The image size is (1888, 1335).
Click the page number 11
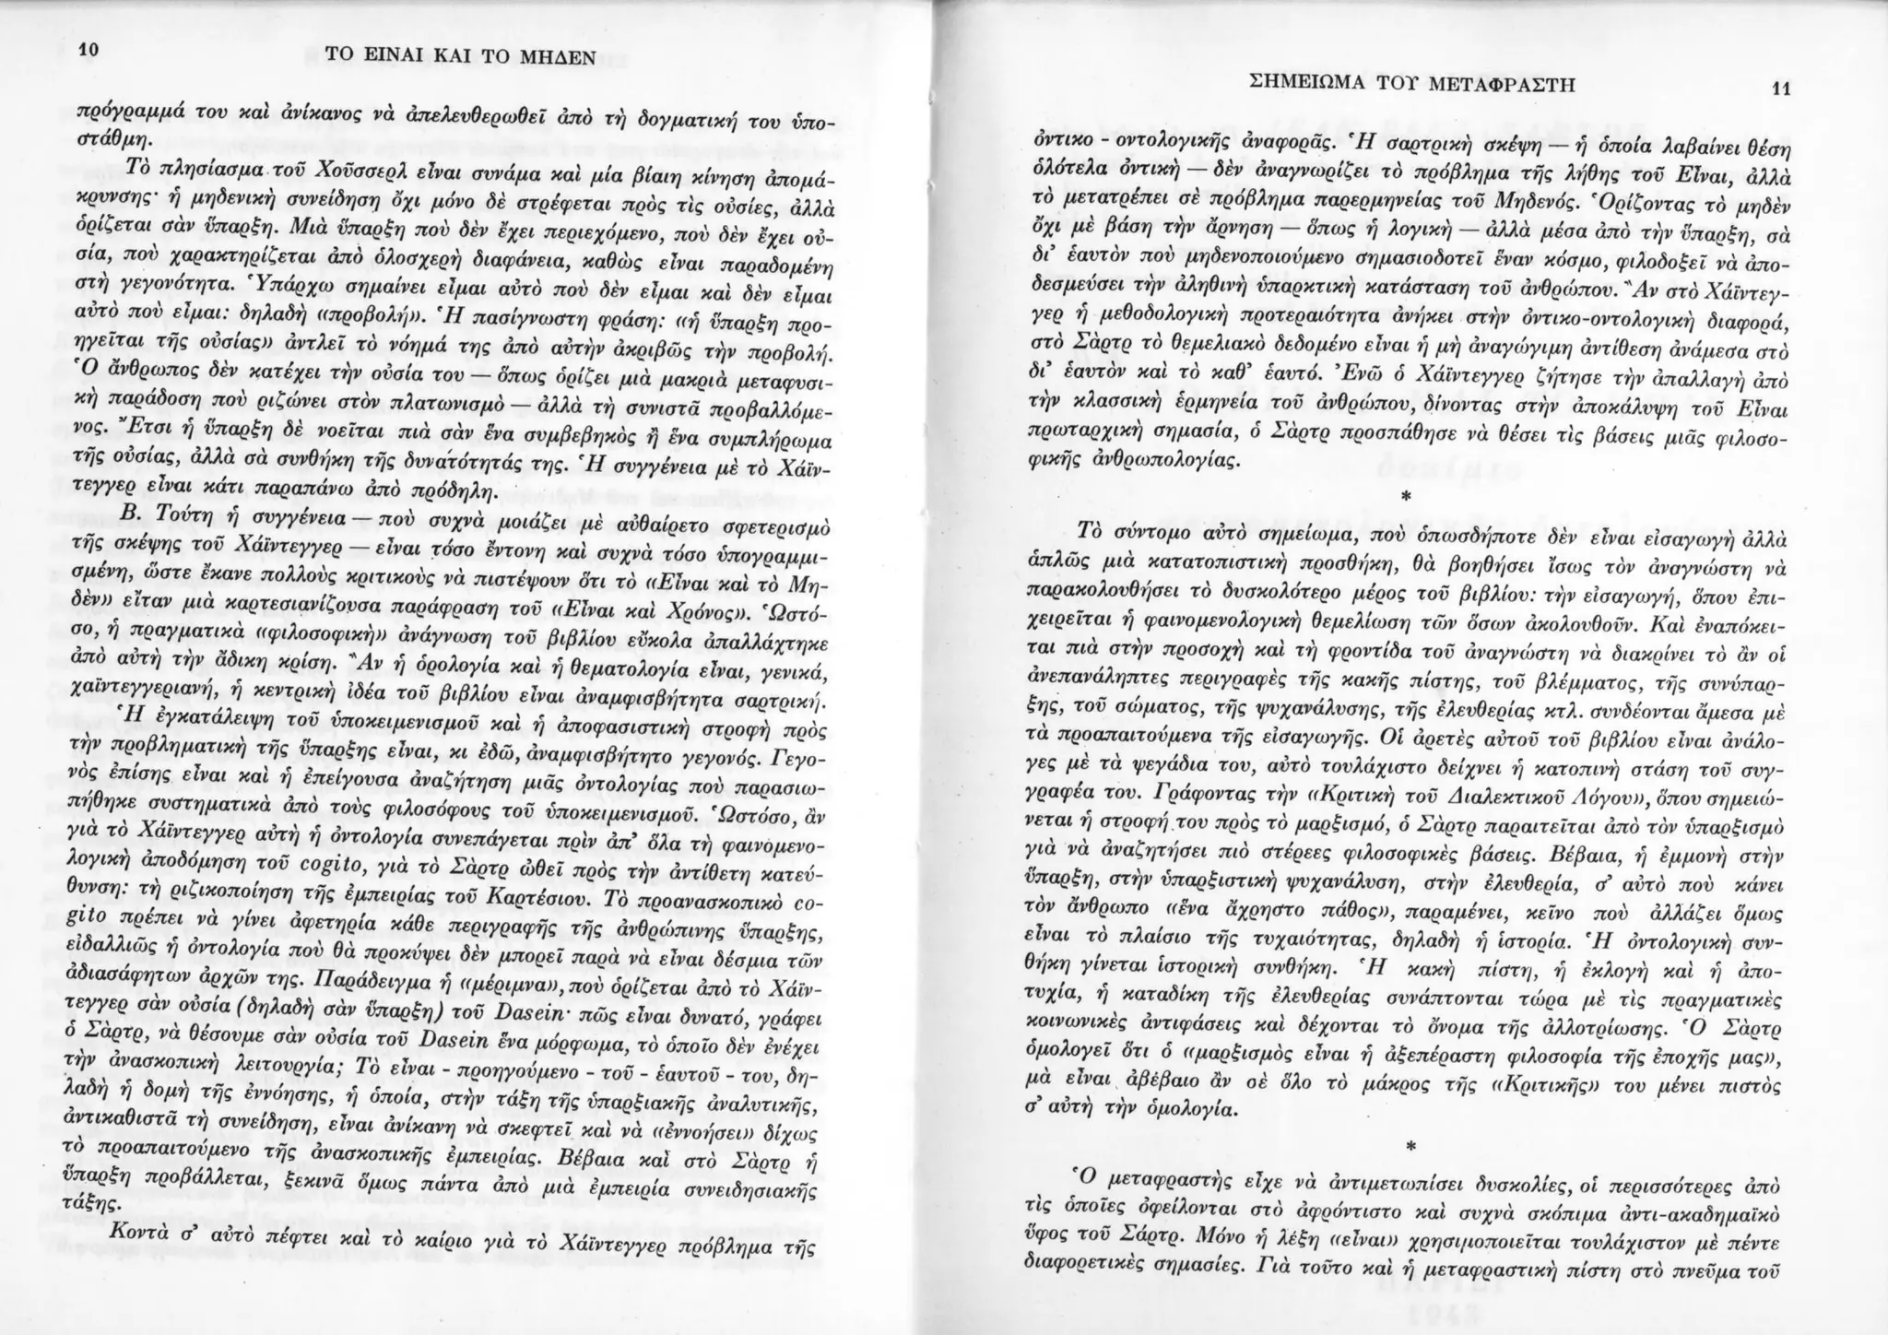click(x=1780, y=89)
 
